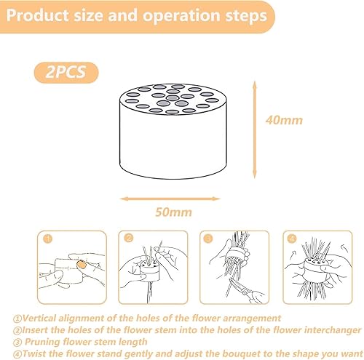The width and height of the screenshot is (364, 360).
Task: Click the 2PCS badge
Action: [x=66, y=72]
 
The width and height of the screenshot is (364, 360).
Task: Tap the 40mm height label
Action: [x=284, y=120]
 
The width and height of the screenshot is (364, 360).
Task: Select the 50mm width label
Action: [x=173, y=212]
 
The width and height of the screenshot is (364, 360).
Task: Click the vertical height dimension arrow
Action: [x=254, y=130]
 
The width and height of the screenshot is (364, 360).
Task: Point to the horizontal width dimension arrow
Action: [x=170, y=199]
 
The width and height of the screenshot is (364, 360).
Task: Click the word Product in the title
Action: [x=37, y=15]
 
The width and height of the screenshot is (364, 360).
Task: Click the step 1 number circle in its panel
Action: [x=47, y=239]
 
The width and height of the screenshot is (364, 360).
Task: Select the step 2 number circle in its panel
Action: [x=129, y=238]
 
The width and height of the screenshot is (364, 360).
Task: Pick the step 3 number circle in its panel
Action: [x=208, y=239]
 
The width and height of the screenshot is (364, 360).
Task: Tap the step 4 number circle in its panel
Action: [x=292, y=239]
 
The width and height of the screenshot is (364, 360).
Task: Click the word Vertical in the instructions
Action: [x=40, y=318]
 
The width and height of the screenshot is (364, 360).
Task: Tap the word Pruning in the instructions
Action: [x=43, y=342]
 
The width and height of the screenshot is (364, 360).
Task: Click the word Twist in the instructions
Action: [x=34, y=353]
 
